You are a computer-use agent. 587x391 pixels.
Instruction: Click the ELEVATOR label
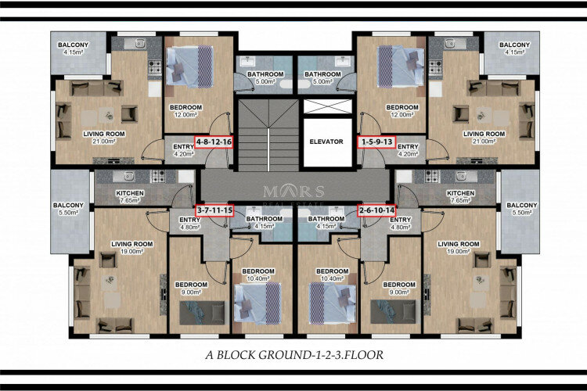click(326, 142)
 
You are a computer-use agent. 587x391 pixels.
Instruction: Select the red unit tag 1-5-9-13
click(377, 142)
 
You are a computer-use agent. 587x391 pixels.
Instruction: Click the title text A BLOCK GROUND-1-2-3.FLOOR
click(293, 354)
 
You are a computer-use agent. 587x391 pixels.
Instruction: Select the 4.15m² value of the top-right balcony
click(514, 52)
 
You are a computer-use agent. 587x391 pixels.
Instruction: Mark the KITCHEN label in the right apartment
click(459, 192)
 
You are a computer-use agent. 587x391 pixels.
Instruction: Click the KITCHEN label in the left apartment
click(129, 192)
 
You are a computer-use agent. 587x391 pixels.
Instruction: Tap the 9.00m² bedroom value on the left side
click(190, 292)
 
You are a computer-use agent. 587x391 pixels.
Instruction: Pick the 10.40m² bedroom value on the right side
click(332, 279)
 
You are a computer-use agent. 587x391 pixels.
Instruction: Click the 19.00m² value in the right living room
click(459, 252)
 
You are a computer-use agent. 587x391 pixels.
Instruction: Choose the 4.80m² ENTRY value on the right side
click(400, 228)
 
